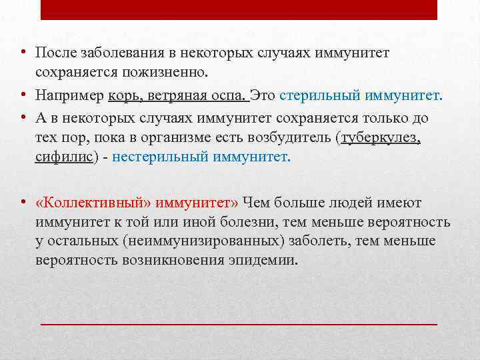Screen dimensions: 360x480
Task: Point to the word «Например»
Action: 69,96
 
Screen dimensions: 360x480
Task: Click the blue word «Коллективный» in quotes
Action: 84,202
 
